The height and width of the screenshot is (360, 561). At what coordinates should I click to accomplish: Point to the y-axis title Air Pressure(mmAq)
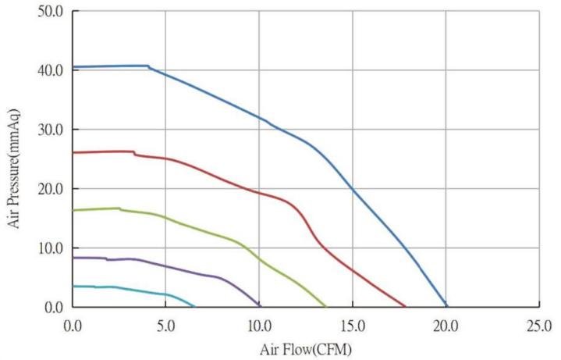(15, 159)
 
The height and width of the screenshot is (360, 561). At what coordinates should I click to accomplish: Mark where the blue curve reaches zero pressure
(446, 306)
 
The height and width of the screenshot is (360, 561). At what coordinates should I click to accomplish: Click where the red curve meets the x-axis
(405, 306)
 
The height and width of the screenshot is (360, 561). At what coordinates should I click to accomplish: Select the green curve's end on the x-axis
(325, 306)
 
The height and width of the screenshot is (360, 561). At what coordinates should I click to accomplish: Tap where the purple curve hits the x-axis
(260, 306)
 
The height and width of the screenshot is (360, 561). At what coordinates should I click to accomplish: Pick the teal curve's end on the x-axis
(194, 306)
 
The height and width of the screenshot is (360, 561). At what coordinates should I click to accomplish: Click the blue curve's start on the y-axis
(73, 67)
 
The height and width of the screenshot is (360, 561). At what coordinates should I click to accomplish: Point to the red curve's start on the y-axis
(73, 152)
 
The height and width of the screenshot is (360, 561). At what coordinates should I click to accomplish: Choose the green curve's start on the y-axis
(73, 210)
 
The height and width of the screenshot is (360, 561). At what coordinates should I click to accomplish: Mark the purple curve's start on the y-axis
(73, 258)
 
